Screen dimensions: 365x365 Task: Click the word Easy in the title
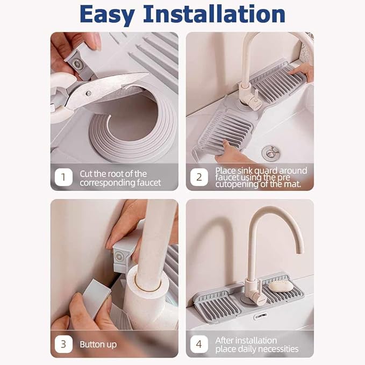[x=107, y=15]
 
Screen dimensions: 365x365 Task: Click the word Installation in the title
[x=214, y=14]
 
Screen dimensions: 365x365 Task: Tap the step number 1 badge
[x=63, y=177]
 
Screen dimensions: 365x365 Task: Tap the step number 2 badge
[x=199, y=177]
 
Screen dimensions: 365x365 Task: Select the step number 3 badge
[x=63, y=344]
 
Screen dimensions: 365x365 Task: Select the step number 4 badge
[x=199, y=344]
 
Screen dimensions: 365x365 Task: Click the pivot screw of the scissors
[x=89, y=94]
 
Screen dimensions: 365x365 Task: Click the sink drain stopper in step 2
[x=270, y=153]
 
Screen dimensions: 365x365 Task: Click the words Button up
[x=98, y=345]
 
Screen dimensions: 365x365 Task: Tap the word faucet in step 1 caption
[x=149, y=183]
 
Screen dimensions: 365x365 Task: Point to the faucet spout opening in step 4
[x=300, y=253]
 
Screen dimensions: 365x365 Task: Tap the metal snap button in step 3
[x=119, y=257]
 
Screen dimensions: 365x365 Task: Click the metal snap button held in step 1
[x=77, y=65]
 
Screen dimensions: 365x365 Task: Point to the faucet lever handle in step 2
[x=256, y=96]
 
